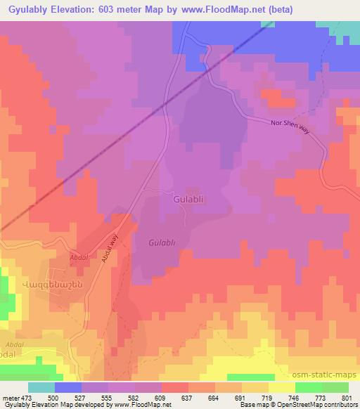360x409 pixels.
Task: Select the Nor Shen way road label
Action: [289, 124]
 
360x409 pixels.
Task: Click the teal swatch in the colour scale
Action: [41, 387]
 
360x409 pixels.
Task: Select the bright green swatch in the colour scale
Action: [308, 387]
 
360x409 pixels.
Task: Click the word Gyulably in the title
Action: [29, 9]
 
